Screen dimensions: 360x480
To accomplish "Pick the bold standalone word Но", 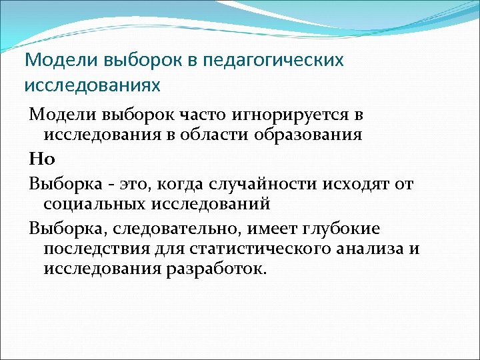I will (37, 158).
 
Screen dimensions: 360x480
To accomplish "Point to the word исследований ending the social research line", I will (213, 203).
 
